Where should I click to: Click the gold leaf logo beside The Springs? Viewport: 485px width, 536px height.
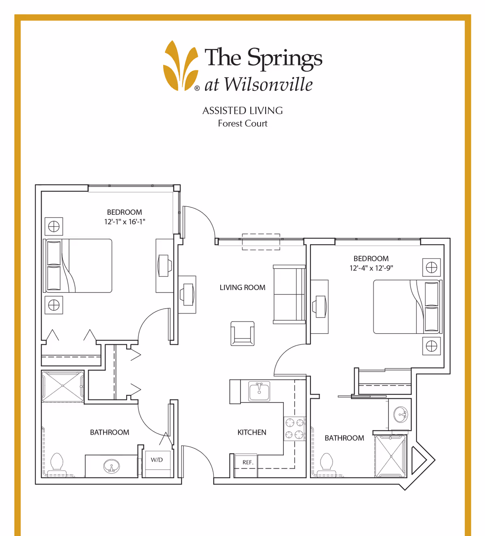[x=181, y=66]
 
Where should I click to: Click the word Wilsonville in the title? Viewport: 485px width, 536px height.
[x=268, y=84]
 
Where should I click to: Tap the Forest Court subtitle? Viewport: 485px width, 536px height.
[x=242, y=124]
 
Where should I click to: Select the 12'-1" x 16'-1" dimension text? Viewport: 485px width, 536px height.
[x=124, y=221]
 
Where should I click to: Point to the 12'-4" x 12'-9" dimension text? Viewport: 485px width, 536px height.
[x=371, y=268]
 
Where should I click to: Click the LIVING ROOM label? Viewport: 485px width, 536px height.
[x=242, y=288]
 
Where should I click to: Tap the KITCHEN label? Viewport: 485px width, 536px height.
[x=252, y=432]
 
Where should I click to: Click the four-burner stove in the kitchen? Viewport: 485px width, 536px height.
[x=294, y=429]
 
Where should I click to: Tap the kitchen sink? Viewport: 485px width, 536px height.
[x=259, y=391]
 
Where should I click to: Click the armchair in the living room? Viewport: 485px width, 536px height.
[x=242, y=334]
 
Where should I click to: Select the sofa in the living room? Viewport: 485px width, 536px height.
[x=289, y=294]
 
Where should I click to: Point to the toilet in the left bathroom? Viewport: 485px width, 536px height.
[x=57, y=461]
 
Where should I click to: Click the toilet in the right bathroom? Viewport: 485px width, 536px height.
[x=327, y=461]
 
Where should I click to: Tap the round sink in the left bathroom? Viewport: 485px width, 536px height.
[x=112, y=467]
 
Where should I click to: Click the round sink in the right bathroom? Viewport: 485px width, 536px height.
[x=401, y=414]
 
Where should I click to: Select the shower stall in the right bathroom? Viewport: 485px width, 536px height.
[x=390, y=456]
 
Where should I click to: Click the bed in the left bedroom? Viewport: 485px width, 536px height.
[x=78, y=266]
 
